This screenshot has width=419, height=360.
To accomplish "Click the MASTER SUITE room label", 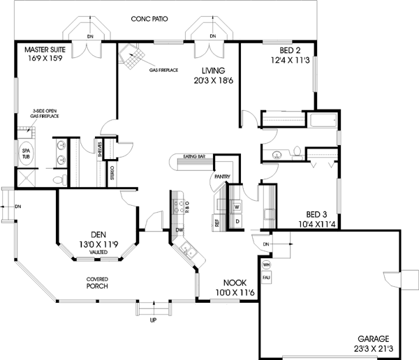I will coord(46,50).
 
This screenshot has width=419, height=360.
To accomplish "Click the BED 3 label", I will coord(318,213).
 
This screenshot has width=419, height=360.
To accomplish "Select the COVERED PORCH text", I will coord(96,282).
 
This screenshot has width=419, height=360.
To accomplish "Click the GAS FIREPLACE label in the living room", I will coord(163,69).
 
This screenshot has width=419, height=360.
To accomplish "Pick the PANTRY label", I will coord(223,177).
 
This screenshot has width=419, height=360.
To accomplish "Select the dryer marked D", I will coord(237,222).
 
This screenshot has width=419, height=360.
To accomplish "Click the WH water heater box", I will coord(266,265).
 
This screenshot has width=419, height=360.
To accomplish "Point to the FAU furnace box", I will coord(266,277).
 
